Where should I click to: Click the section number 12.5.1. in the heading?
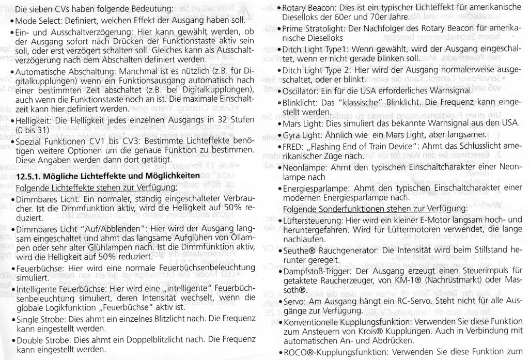click(29, 177)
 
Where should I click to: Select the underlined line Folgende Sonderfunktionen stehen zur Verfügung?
click(375, 209)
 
